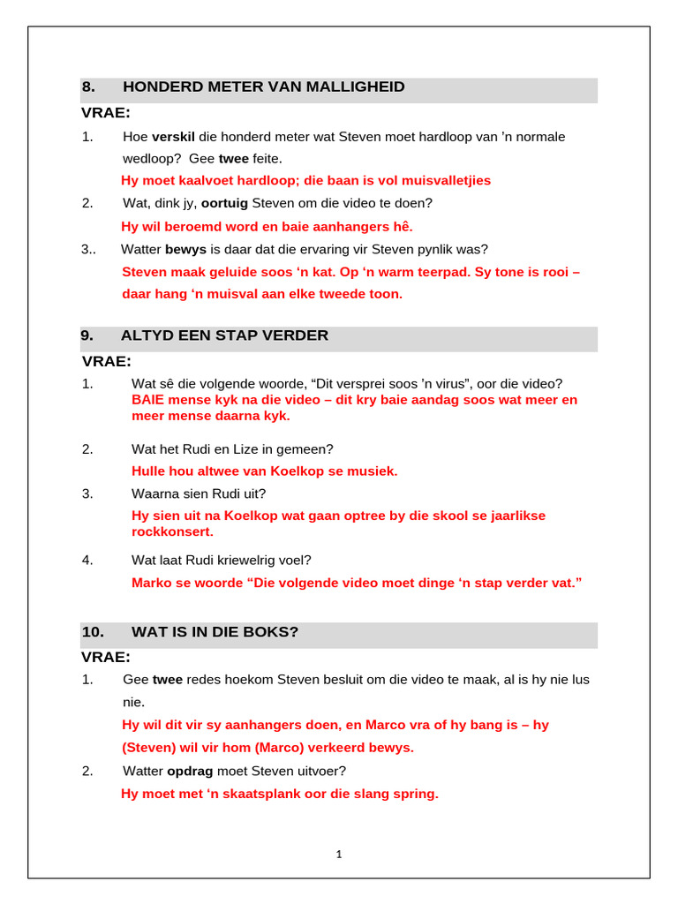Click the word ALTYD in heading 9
click(150, 335)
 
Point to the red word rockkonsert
click(172, 531)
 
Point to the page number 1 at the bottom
click(339, 854)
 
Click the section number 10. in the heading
click(93, 632)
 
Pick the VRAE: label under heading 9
click(106, 361)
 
